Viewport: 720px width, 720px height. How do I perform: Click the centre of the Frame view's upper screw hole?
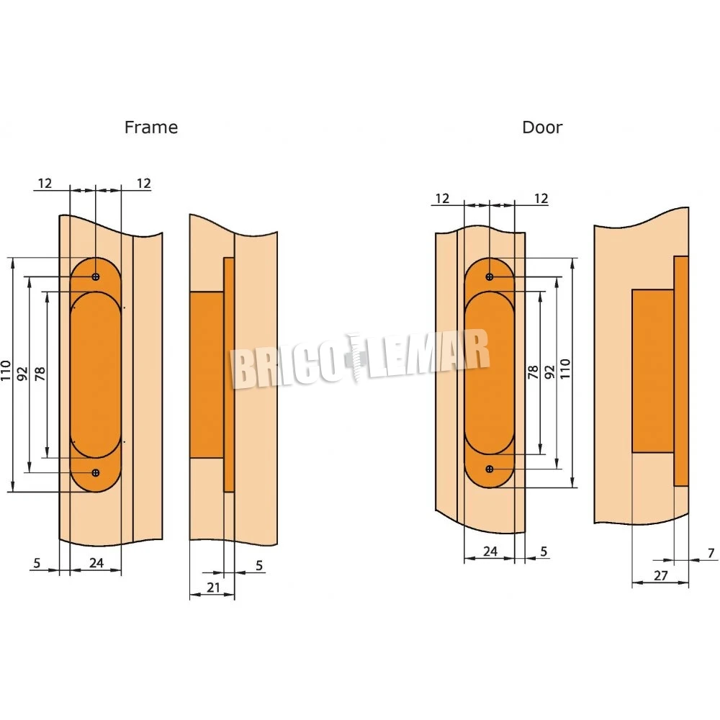[x=96, y=276]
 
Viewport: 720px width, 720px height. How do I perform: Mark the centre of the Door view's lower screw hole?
[x=490, y=469]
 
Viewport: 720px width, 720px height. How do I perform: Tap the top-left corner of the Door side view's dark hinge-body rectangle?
[x=632, y=289]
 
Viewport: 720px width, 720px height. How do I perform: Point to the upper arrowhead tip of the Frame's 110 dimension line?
[x=13, y=258]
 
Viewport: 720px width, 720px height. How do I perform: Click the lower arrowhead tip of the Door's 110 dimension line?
[x=572, y=487]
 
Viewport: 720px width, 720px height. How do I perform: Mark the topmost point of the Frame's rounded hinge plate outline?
[x=96, y=258]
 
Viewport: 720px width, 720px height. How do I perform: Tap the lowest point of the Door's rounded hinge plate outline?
[x=490, y=487]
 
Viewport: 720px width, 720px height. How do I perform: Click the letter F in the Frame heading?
[x=129, y=127]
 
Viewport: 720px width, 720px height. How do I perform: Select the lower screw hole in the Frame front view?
[x=96, y=472]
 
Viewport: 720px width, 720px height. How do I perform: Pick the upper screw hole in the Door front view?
[x=490, y=277]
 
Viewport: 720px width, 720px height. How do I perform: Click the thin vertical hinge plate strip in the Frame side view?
[x=229, y=374]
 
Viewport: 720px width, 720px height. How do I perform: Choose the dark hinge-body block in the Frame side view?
[x=207, y=374]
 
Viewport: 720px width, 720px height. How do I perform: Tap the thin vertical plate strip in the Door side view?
[x=681, y=371]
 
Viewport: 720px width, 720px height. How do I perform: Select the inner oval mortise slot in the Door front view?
[x=490, y=373]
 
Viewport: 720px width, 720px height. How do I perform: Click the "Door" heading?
[x=542, y=127]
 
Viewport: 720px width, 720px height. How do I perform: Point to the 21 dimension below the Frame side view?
[x=213, y=587]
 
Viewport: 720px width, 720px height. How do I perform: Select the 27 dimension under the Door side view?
[x=660, y=575]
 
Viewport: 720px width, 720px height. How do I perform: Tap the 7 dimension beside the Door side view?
[x=711, y=553]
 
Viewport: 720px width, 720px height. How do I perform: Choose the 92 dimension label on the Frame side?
[x=22, y=374]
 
